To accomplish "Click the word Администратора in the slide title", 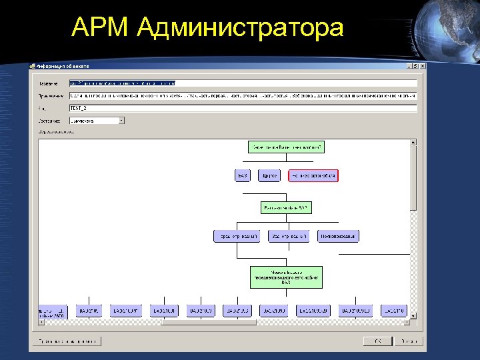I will coord(242,29).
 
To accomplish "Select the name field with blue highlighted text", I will coord(243,83).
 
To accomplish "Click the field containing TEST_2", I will coord(243,107).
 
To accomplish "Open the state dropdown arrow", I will coord(121,121).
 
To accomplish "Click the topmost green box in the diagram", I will coord(285,147).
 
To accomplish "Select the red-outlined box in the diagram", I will coord(313,175).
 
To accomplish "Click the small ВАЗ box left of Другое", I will coord(243,175).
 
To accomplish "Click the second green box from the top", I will coord(285,208).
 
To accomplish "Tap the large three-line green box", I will coord(285,277).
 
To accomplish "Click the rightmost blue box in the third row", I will coord(338,236).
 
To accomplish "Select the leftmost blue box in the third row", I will coord(235,236).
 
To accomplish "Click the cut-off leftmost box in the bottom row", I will coord(53,311).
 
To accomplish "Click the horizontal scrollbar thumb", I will coord(209,323).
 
